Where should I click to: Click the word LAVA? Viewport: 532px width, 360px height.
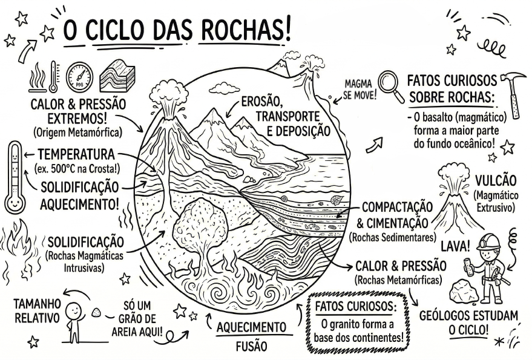(x=455, y=246)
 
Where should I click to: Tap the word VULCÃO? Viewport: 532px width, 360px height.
(x=496, y=180)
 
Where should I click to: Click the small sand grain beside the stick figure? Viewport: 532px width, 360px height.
(x=96, y=313)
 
